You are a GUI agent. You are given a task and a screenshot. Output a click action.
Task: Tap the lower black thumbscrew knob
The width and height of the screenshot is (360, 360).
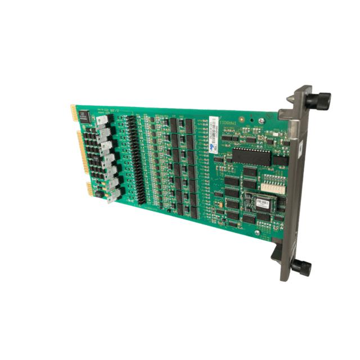pos(301,267)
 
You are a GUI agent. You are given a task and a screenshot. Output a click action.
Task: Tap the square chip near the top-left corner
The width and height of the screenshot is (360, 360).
pos(83,116)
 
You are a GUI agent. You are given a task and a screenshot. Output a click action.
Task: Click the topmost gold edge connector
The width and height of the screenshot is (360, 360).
pos(73,112)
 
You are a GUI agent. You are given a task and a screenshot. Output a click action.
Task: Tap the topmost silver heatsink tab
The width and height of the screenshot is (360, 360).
pos(102,121)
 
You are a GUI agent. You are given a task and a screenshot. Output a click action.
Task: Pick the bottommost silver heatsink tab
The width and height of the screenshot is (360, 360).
pos(114,195)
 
